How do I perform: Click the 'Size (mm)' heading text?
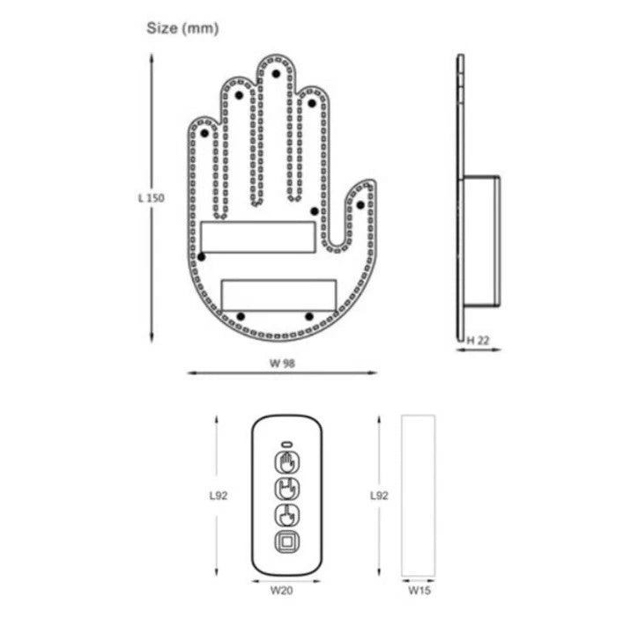click(x=182, y=29)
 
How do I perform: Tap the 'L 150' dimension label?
click(x=151, y=198)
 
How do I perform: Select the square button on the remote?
click(x=287, y=542)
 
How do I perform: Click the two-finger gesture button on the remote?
click(x=287, y=490)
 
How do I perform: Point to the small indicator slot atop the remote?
click(x=287, y=443)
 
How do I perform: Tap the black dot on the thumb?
click(x=360, y=204)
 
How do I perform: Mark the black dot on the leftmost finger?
click(x=204, y=133)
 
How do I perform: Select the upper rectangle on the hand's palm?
click(x=257, y=236)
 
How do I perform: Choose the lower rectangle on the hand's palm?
click(x=278, y=294)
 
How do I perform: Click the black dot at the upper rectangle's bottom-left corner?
click(x=202, y=257)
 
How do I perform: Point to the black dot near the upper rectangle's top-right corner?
click(x=313, y=211)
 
